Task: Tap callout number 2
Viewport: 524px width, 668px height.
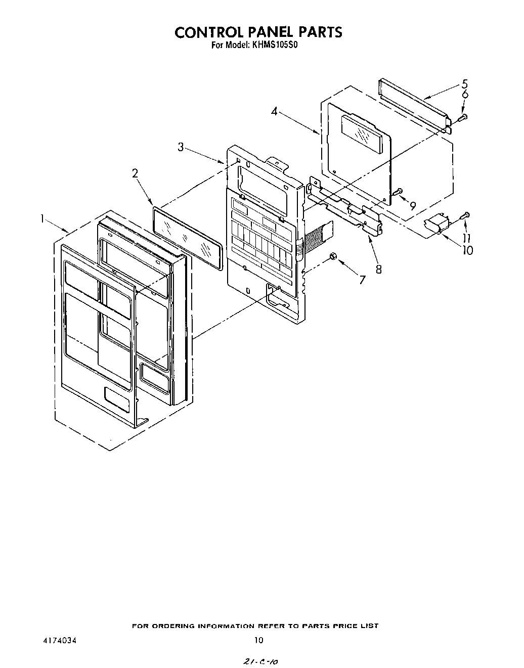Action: point(135,173)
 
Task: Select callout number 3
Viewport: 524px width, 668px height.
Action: point(181,147)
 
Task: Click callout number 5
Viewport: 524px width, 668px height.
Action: point(464,84)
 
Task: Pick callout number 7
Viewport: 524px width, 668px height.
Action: point(362,279)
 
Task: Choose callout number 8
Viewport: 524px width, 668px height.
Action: point(378,269)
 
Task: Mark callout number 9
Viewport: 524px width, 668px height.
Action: point(413,205)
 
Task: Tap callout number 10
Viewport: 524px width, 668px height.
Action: point(468,249)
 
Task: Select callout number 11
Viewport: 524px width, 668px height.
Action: point(467,238)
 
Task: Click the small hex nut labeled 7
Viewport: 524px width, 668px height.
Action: point(333,256)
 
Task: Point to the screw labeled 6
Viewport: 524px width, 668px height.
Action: point(462,117)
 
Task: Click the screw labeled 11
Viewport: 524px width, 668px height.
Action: point(465,216)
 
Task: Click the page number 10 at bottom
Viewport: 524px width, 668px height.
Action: point(258,640)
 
